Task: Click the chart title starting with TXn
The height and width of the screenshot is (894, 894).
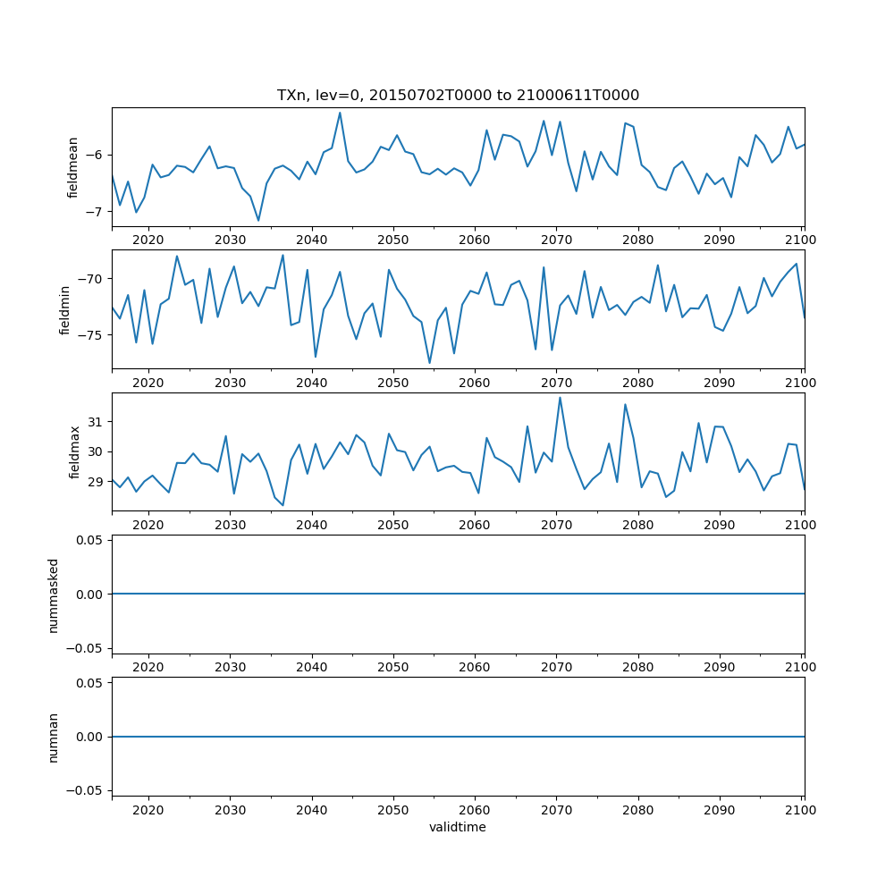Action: (458, 96)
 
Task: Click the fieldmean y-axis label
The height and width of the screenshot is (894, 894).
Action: (74, 167)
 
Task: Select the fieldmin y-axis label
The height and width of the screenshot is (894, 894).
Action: (65, 309)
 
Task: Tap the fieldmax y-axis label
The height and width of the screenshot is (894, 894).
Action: (74, 451)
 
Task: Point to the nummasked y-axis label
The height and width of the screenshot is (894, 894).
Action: (53, 594)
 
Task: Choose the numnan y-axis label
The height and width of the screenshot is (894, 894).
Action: (53, 737)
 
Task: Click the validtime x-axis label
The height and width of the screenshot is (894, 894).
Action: (458, 827)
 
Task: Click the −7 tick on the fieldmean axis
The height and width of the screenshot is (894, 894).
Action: (93, 212)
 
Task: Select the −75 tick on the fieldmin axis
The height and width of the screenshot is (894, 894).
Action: (89, 335)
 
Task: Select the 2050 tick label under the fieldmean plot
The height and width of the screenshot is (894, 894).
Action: (392, 240)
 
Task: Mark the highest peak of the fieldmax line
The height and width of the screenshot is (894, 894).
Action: (560, 398)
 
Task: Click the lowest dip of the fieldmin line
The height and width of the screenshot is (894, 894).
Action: (429, 363)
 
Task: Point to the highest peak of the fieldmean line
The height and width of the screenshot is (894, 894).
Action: (340, 113)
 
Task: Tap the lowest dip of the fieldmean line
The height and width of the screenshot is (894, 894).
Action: (258, 221)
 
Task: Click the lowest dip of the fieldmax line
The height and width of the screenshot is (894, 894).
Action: (283, 506)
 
